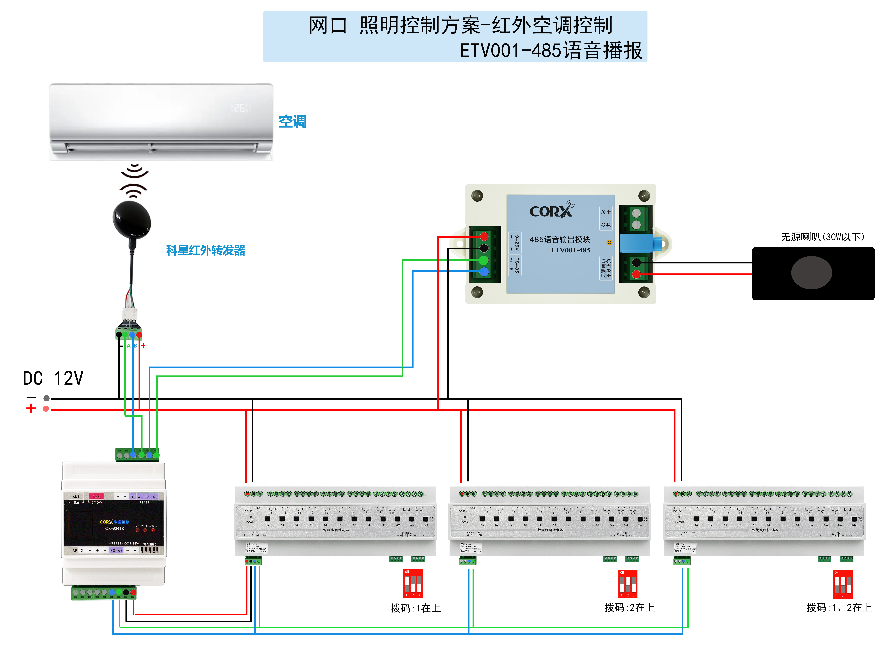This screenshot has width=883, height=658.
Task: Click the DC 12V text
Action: (53, 378)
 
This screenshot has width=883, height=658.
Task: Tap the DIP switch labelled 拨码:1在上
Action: (413, 583)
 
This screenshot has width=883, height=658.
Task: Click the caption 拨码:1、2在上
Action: (839, 607)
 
